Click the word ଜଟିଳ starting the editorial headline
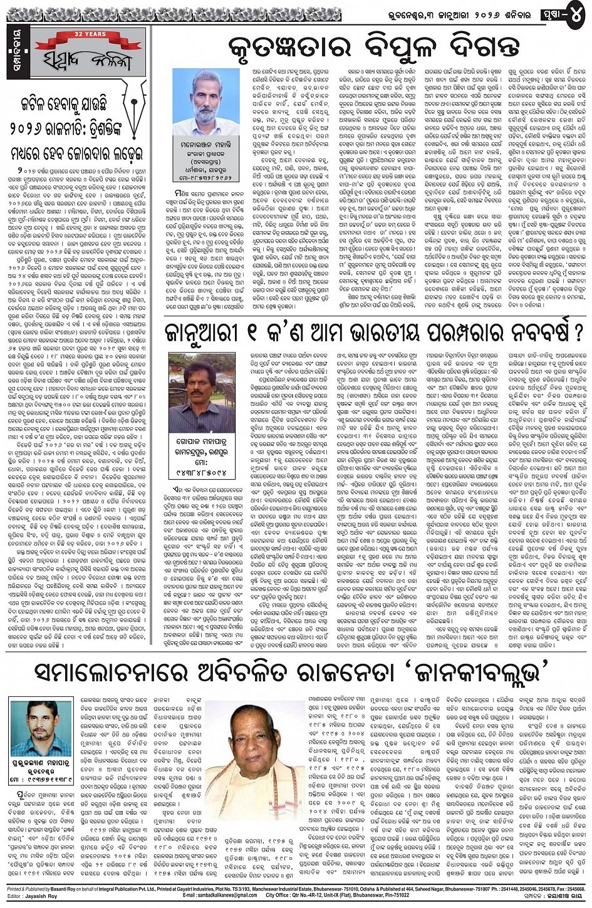coord(41,104)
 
